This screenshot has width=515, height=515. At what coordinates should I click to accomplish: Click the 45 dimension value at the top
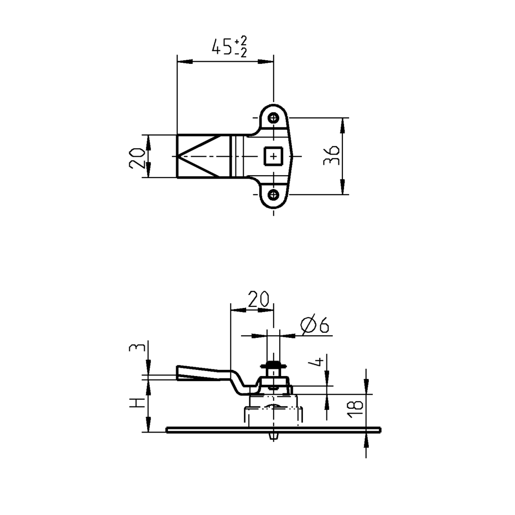tap(222, 47)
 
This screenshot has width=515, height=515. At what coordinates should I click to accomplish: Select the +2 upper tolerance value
tap(240, 41)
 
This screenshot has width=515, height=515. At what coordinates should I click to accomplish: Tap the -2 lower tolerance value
tap(240, 52)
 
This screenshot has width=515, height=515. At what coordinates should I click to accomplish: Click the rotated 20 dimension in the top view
tap(137, 157)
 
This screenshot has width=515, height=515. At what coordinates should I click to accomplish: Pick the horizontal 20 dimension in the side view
tap(259, 299)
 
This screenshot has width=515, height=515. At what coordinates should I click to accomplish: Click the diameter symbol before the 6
tap(309, 325)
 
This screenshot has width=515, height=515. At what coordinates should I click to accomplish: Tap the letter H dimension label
tap(135, 403)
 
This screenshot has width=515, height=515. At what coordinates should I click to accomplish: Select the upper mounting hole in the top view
tap(273, 117)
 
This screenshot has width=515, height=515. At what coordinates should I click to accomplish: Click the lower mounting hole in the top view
tap(273, 194)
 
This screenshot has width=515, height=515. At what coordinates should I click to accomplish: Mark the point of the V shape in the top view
tap(178, 156)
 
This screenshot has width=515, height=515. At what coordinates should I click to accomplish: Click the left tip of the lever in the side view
tap(178, 373)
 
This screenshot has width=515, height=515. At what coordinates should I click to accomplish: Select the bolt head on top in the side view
tap(273, 366)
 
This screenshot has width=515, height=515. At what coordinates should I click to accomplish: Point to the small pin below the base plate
tap(273, 436)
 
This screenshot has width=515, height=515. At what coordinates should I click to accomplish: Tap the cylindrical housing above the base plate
tap(273, 412)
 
